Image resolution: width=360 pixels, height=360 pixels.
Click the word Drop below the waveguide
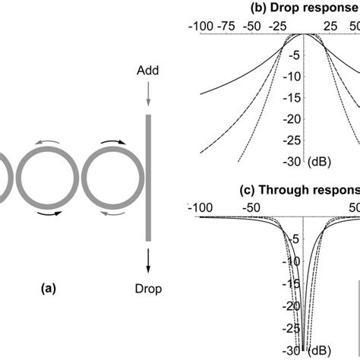pos(148,289)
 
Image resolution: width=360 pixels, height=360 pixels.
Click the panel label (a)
pos(48,289)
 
